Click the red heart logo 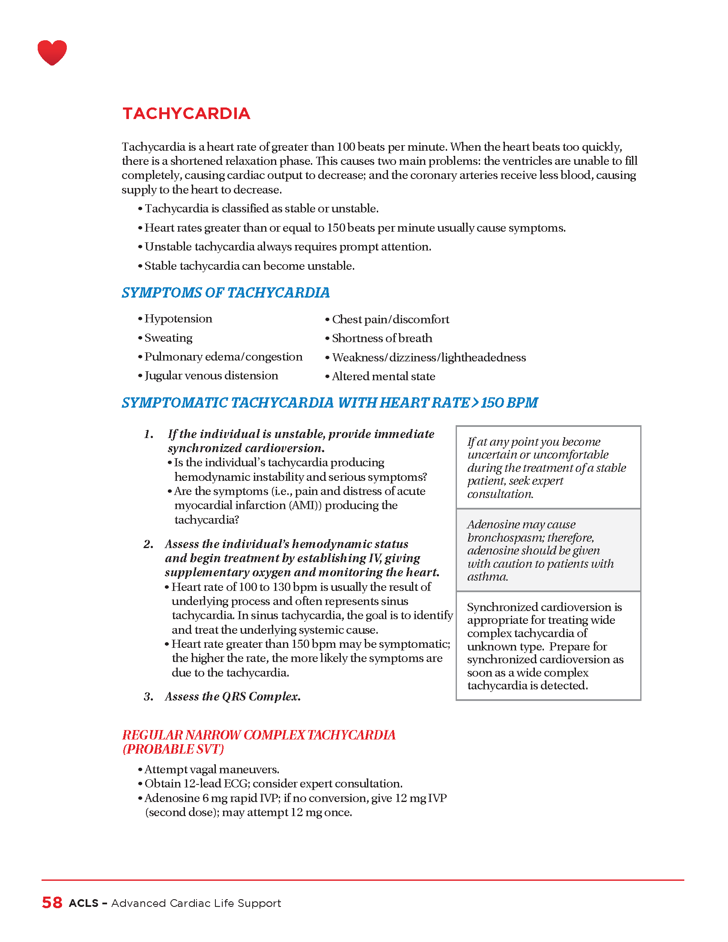point(52,52)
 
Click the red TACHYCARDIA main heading point(186,113)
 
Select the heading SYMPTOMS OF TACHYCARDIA point(226,292)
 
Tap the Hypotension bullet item point(178,319)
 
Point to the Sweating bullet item point(168,338)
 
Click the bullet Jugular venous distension point(211,376)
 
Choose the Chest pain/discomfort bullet point(390,319)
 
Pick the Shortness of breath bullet point(382,338)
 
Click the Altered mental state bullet point(383,376)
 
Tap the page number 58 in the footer point(52,903)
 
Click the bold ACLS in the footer point(84,903)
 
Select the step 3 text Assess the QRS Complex point(233,697)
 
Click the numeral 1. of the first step point(149,434)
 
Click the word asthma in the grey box point(487,577)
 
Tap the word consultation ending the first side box point(500,494)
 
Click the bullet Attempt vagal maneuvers point(212,769)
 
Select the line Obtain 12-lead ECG point(274,784)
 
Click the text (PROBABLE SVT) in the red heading point(173,749)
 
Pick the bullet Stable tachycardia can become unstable point(249,266)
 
